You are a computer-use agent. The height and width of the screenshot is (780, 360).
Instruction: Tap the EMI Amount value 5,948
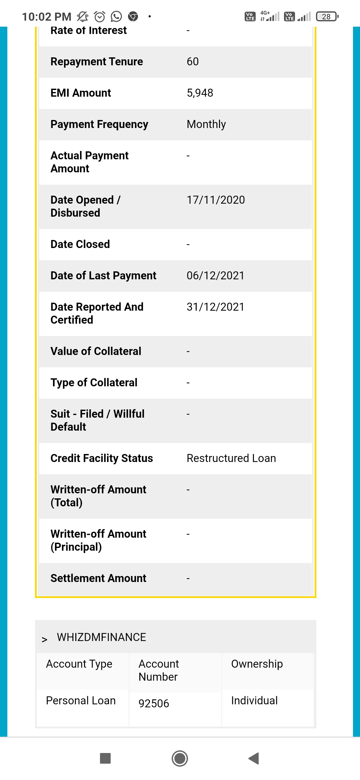click(200, 93)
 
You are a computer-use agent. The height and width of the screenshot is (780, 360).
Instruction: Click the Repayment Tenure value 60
click(193, 62)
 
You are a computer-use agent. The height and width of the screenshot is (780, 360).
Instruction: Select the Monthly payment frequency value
click(206, 124)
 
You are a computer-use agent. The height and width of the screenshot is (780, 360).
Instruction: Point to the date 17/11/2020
click(216, 200)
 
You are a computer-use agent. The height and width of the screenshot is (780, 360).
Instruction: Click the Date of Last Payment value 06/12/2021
click(215, 276)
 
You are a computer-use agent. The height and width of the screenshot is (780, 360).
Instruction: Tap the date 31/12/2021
click(215, 307)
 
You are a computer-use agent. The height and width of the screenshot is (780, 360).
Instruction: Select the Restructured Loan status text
click(231, 458)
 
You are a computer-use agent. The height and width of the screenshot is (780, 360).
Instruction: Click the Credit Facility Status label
click(102, 458)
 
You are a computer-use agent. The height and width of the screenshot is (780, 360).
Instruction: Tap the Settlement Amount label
click(98, 578)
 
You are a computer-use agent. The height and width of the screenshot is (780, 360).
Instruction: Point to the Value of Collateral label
click(96, 351)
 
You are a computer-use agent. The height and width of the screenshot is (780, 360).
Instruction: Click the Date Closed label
click(80, 244)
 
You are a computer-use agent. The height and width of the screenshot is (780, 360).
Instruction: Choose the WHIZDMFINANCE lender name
click(101, 637)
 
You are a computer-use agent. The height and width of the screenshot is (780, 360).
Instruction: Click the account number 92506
click(154, 703)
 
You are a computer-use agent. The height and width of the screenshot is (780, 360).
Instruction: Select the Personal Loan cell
click(81, 701)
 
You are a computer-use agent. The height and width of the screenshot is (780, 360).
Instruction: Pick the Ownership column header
click(257, 664)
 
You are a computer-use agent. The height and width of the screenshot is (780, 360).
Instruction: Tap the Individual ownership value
click(254, 701)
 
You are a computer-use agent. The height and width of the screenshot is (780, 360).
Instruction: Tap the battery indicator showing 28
click(327, 16)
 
